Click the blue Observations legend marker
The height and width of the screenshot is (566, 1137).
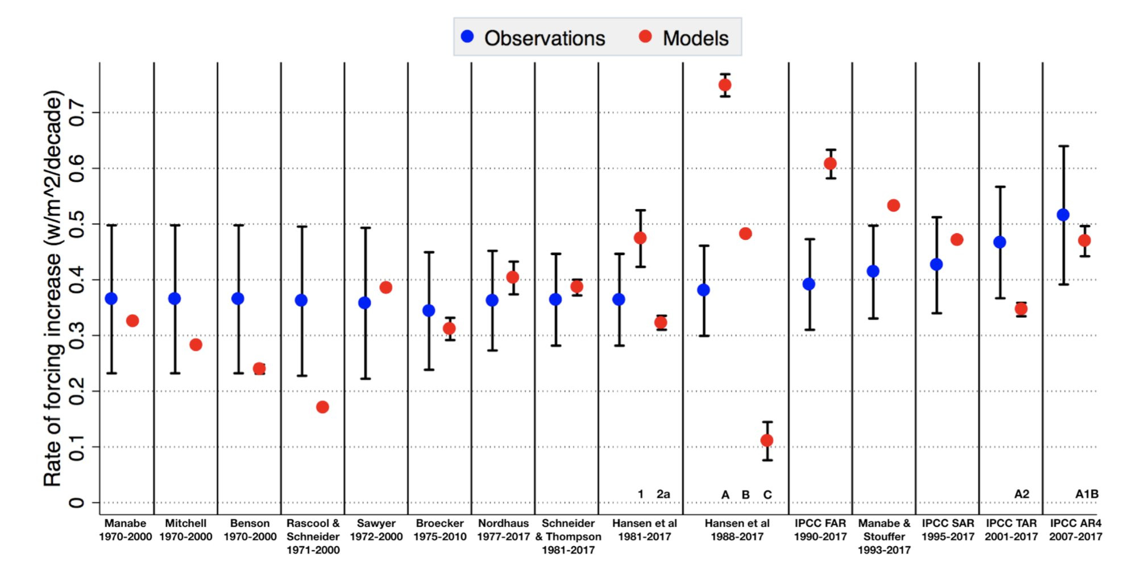[x=467, y=37]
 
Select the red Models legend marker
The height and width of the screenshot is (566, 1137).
[x=645, y=37]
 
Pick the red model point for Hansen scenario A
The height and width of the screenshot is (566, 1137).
[x=725, y=85]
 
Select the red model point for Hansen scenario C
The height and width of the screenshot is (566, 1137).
[x=767, y=440]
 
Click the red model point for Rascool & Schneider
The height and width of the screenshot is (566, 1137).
[x=322, y=407]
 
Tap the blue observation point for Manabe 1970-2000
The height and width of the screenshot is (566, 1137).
[x=111, y=299]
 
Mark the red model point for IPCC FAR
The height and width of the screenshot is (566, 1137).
[x=830, y=164]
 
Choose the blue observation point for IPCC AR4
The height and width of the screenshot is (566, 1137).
[x=1063, y=215]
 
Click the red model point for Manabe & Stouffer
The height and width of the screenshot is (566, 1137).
[x=894, y=205]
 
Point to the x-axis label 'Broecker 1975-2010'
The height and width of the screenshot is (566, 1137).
[x=439, y=530]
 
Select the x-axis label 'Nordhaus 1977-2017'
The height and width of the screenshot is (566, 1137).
[x=503, y=530]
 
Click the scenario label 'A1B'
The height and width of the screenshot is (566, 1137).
[x=1086, y=494]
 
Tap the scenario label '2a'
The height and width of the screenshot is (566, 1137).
[x=663, y=494]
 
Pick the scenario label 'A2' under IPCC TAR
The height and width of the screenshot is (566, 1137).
[x=1022, y=494]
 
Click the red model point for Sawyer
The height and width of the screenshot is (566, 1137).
[x=385, y=288]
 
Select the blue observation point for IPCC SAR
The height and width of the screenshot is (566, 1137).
[x=936, y=264]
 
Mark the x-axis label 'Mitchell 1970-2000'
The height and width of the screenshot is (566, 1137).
[x=185, y=530]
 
